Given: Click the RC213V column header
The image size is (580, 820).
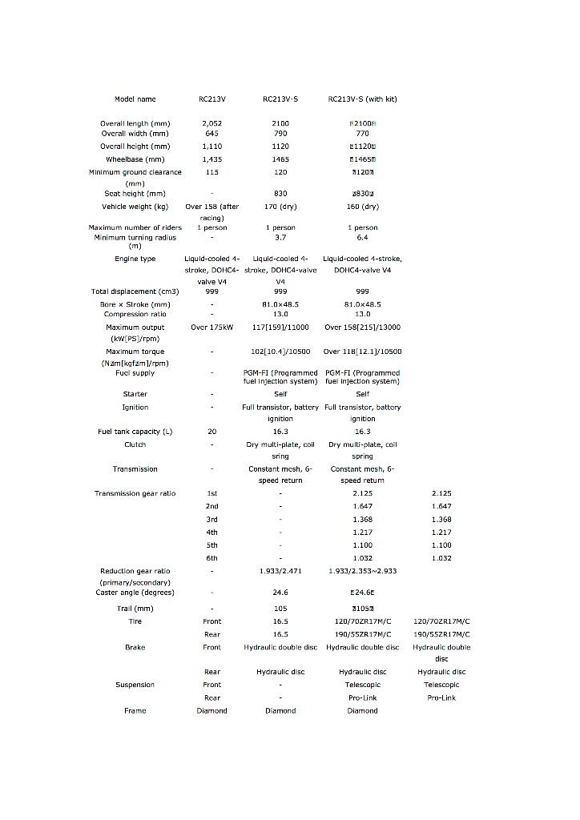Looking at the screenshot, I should (212, 99).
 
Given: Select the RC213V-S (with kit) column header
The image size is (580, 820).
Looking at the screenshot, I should (362, 99).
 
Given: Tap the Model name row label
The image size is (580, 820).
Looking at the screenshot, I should (135, 99).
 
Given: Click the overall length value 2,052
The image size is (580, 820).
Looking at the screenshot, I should (212, 124).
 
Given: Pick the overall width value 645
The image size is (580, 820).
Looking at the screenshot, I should (212, 134).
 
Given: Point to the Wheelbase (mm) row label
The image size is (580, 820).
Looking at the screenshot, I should (135, 159).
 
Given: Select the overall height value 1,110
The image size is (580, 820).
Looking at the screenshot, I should (212, 147).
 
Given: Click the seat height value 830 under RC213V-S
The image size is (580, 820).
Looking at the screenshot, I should (280, 194).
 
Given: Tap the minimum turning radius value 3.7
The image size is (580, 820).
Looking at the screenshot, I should (280, 238).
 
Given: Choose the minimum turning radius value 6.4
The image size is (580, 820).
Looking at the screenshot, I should (362, 238).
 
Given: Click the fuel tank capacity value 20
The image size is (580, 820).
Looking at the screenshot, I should (212, 432).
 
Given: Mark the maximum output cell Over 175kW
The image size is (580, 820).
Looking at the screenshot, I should (212, 328).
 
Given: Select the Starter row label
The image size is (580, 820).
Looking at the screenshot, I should (135, 394).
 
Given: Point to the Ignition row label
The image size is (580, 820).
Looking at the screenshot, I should (135, 408).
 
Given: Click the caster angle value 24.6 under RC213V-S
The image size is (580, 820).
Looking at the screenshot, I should (280, 593).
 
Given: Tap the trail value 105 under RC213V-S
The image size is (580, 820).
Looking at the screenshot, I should (280, 609).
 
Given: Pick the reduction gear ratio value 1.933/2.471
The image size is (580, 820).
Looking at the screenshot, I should (280, 571).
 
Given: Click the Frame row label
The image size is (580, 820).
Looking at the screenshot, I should (135, 711).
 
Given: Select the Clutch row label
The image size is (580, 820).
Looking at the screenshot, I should (135, 444).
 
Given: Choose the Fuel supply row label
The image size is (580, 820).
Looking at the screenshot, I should (135, 373).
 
